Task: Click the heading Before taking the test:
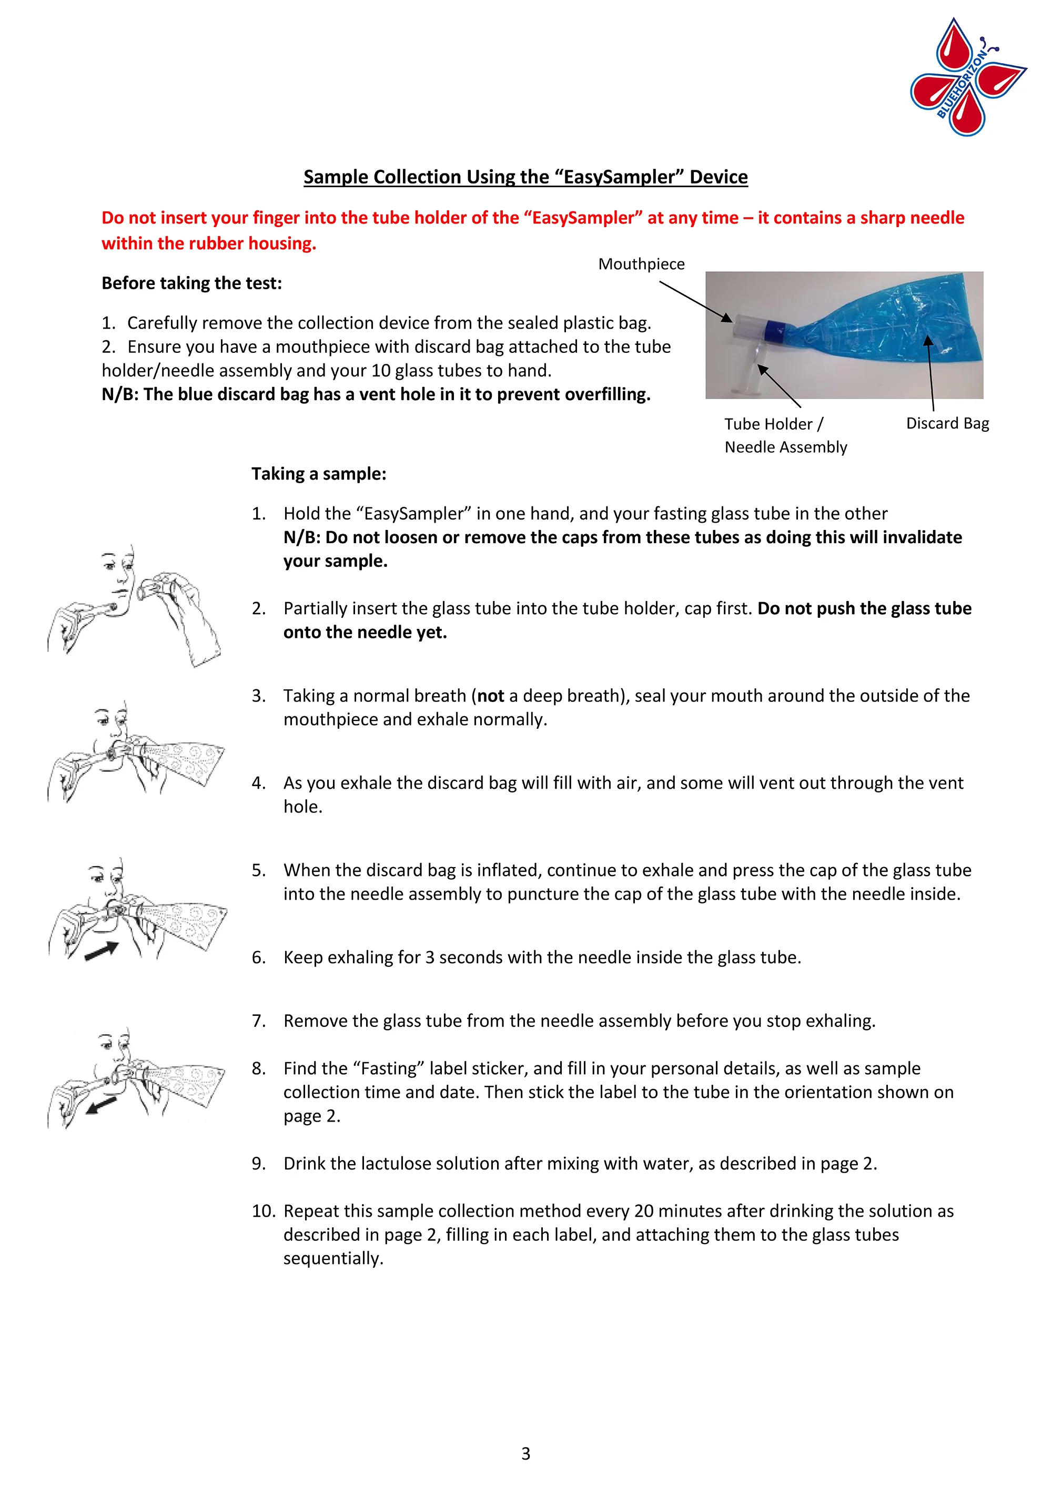coord(192,283)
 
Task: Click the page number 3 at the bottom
coord(525,1453)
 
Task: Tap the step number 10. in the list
coord(263,1210)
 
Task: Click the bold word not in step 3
coord(490,696)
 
